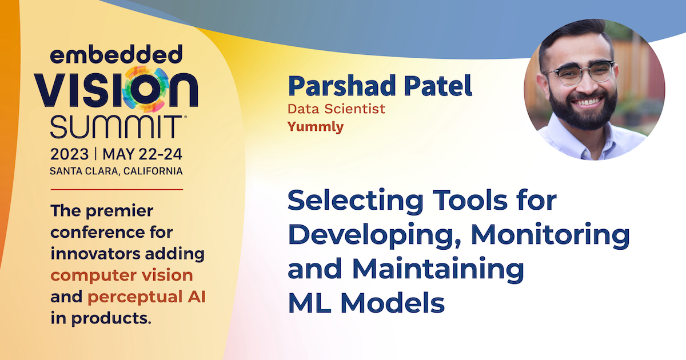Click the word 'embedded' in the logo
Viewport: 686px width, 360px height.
(x=116, y=54)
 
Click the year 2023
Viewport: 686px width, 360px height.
(x=69, y=154)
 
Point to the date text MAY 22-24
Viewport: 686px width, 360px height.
(x=142, y=154)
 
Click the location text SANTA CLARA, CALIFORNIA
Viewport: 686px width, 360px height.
(x=116, y=171)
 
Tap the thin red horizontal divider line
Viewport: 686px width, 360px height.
(x=117, y=190)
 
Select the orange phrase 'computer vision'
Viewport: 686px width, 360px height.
(x=122, y=275)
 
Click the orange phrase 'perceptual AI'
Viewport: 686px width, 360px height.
(x=146, y=297)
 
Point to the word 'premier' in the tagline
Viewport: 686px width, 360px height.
(x=119, y=211)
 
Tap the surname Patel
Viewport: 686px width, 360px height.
(x=438, y=86)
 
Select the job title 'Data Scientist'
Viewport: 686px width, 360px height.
(x=336, y=109)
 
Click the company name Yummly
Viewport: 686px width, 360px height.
(x=316, y=127)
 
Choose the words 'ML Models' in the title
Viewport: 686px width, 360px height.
(x=366, y=303)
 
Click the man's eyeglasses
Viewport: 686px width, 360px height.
(x=580, y=74)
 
